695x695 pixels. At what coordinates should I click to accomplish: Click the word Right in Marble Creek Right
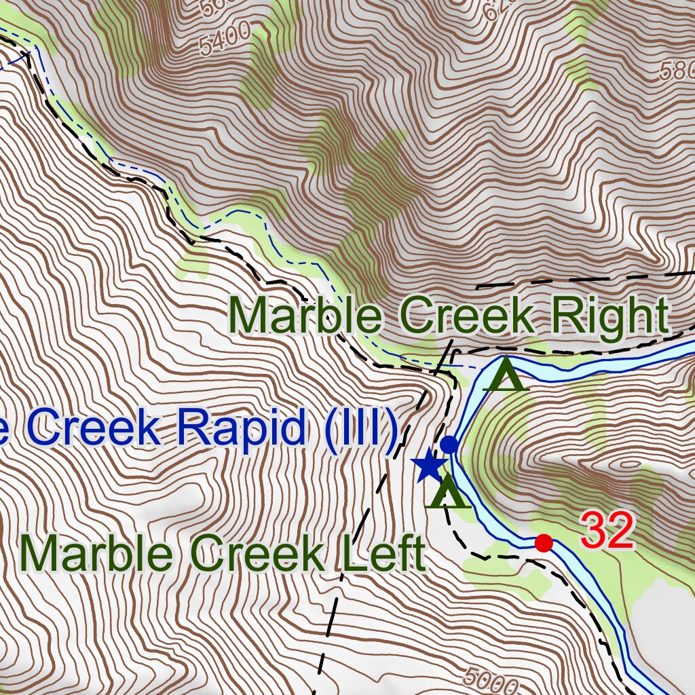click(609, 316)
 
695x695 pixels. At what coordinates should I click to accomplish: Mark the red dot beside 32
click(544, 543)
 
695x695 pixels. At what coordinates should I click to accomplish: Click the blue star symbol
click(428, 466)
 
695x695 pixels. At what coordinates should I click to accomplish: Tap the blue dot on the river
click(449, 445)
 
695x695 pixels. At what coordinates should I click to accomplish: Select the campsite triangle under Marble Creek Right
click(506, 375)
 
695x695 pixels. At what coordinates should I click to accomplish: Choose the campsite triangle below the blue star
click(447, 493)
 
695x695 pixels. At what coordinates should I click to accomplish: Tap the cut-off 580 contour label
click(679, 69)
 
